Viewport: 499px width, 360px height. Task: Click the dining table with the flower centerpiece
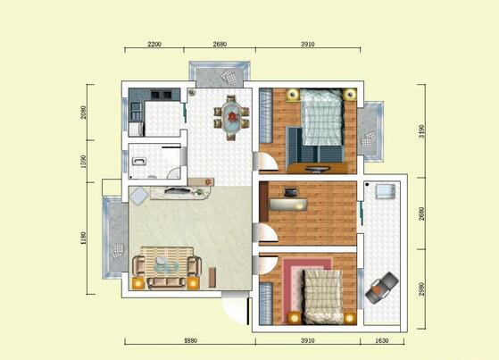click(x=232, y=116)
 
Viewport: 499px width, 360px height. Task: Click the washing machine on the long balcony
click(x=386, y=192)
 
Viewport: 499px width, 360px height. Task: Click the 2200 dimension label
click(x=154, y=44)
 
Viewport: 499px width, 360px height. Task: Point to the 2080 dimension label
click(x=83, y=112)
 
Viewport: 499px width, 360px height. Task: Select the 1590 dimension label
click(x=83, y=162)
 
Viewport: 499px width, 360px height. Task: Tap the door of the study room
click(x=265, y=233)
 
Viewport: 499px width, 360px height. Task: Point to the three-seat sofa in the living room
click(x=164, y=282)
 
